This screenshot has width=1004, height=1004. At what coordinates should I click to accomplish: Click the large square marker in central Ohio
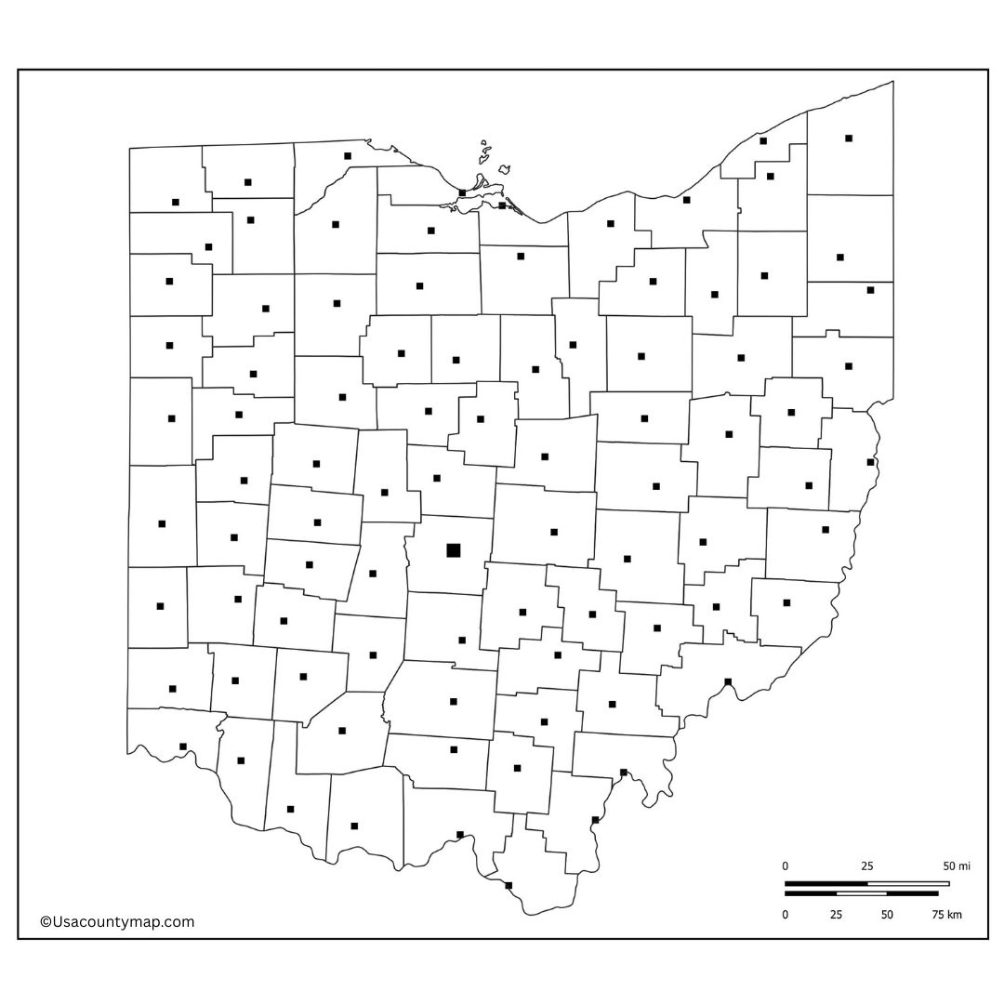(x=454, y=550)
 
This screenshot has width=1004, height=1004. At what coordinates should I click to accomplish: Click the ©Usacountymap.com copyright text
(x=117, y=922)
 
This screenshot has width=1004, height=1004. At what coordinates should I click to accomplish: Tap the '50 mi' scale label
(x=957, y=866)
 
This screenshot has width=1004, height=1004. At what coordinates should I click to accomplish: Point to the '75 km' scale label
(x=947, y=915)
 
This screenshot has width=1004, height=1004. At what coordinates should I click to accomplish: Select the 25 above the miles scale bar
(x=866, y=866)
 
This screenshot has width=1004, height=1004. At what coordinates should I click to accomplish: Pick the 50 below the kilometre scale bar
(x=887, y=915)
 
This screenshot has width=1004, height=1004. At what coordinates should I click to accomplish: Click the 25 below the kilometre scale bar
(x=836, y=915)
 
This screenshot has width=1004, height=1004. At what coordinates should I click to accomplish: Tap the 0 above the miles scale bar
(x=785, y=866)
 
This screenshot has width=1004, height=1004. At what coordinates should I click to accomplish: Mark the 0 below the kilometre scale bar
(x=785, y=915)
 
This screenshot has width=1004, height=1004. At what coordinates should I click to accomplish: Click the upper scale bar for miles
(x=866, y=883)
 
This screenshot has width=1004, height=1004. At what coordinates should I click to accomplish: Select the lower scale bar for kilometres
(x=861, y=893)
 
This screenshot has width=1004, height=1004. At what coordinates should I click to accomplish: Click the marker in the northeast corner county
(x=849, y=139)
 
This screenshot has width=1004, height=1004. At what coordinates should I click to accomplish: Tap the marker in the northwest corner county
(x=176, y=202)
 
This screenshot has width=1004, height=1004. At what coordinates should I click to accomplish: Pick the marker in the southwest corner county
(x=183, y=746)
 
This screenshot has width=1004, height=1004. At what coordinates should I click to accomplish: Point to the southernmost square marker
(x=509, y=885)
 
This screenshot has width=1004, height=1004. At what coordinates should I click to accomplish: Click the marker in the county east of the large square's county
(x=554, y=533)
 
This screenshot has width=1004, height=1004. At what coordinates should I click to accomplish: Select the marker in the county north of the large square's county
(x=437, y=479)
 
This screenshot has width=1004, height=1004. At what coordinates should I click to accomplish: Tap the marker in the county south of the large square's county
(x=462, y=641)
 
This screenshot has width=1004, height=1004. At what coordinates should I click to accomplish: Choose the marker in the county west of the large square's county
(x=373, y=574)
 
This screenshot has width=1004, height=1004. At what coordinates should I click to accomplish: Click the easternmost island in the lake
(x=504, y=170)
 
